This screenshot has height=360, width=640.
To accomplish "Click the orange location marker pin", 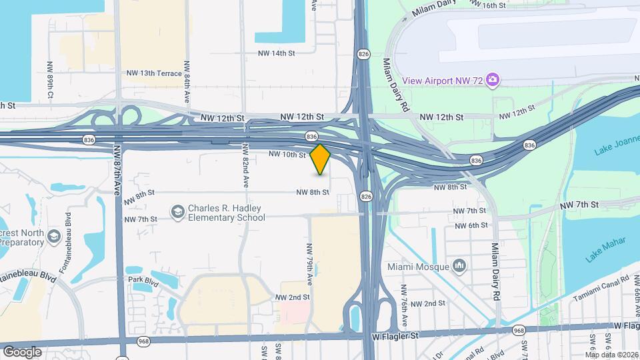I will [x=321, y=159].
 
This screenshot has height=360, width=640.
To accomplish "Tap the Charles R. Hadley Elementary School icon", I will [x=178, y=212].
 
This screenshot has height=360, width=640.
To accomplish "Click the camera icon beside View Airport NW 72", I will [x=493, y=81].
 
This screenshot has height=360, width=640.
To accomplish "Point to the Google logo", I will [x=22, y=351].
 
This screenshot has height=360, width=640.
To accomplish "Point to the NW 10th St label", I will [x=287, y=155].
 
